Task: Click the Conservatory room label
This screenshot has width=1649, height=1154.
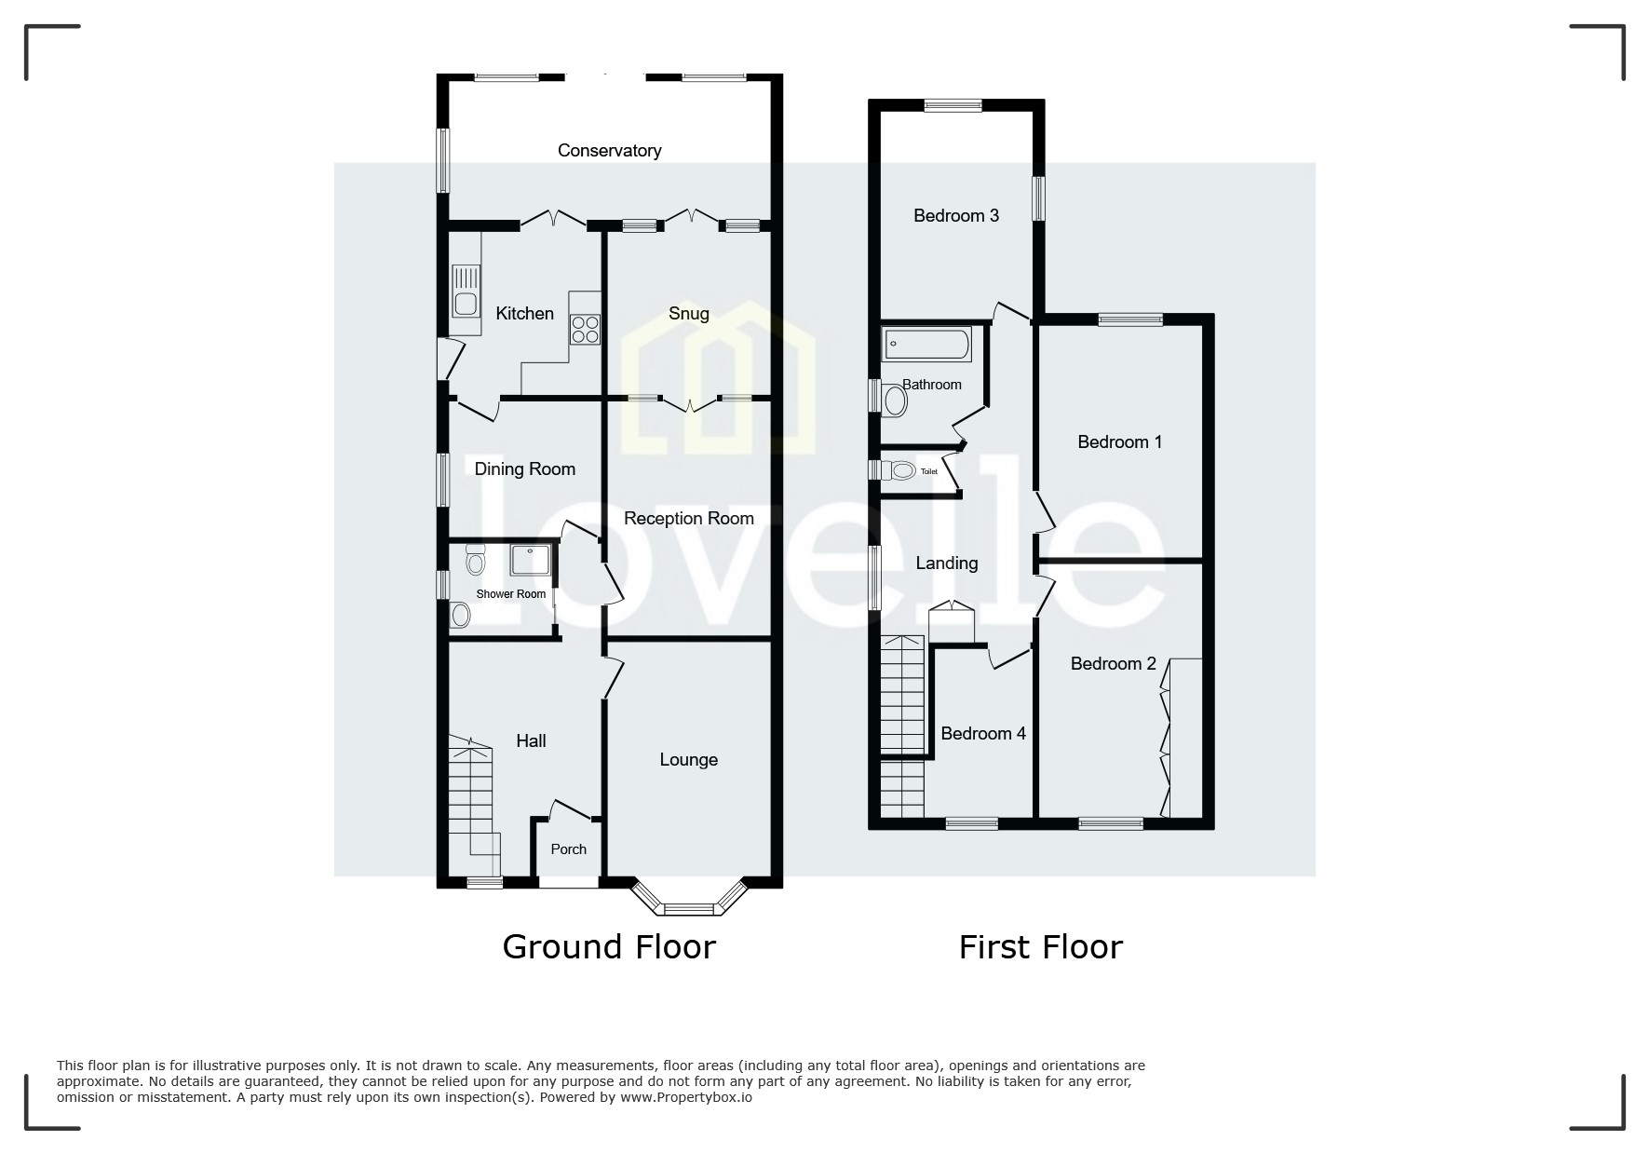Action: pos(609,150)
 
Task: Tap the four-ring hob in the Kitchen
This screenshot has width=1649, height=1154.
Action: pos(586,330)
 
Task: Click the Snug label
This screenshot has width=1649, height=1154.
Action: pos(688,313)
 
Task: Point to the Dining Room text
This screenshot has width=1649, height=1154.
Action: pos(524,468)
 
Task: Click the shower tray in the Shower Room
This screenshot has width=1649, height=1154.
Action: pos(531,560)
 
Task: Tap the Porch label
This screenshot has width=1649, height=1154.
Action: pos(568,849)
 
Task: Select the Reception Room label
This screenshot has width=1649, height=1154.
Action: pos(688,518)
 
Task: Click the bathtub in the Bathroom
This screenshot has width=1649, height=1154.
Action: pos(926,345)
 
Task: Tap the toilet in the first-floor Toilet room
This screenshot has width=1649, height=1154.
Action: pos(900,471)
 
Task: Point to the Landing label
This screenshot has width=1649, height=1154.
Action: pos(946,563)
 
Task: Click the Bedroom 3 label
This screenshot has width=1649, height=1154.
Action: pos(955,215)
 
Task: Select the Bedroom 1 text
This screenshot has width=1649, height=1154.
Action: pos(1119,441)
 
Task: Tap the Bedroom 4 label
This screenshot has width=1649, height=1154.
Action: pos(982,733)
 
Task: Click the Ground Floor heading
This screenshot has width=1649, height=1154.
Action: pos(609,946)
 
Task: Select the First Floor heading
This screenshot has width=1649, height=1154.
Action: pos(1040,947)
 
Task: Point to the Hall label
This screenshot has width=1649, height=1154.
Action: pos(531,740)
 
